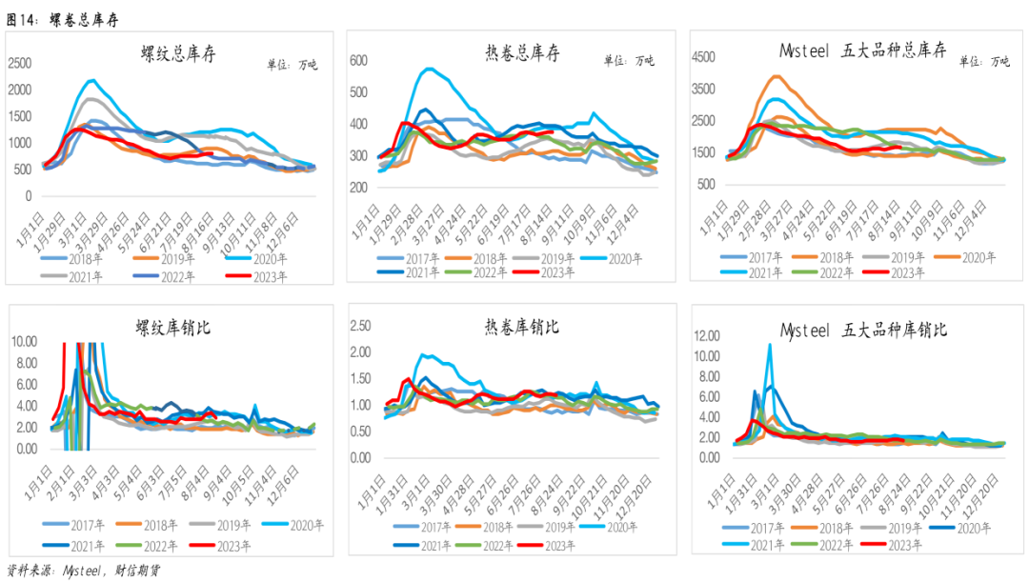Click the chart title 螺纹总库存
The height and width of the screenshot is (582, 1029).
pyautogui.click(x=178, y=53)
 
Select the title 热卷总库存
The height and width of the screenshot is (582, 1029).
pyautogui.click(x=522, y=52)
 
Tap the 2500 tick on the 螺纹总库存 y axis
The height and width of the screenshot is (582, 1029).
pyautogui.click(x=20, y=63)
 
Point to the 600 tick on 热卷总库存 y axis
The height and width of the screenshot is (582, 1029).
pyautogui.click(x=358, y=60)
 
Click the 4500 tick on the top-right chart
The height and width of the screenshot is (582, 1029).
pyautogui.click(x=703, y=57)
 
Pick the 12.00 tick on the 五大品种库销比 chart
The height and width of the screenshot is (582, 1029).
pyautogui.click(x=707, y=336)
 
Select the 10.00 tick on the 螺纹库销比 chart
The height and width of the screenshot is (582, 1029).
pyautogui.click(x=24, y=341)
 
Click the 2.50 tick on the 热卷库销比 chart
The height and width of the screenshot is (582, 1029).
pyautogui.click(x=360, y=326)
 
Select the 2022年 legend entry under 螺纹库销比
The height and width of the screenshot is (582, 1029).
pyautogui.click(x=147, y=546)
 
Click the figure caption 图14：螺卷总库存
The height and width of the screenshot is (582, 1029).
pyautogui.click(x=62, y=20)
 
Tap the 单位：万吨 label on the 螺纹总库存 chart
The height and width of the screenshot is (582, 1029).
pyautogui.click(x=293, y=65)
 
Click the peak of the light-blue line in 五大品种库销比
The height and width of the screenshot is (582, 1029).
pyautogui.click(x=769, y=345)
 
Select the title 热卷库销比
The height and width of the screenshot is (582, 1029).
pyautogui.click(x=522, y=326)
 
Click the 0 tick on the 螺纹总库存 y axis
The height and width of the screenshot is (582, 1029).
pyautogui.click(x=29, y=195)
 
